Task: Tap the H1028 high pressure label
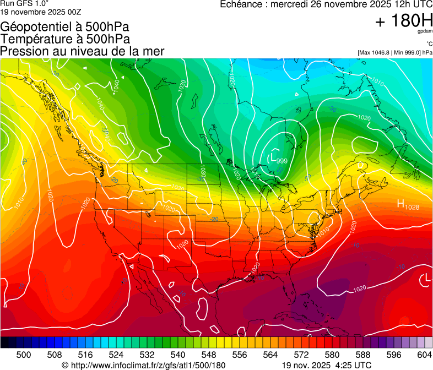point(408,205)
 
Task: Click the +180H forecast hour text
point(404,21)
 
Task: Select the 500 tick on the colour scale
point(24,355)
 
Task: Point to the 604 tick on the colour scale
point(424,355)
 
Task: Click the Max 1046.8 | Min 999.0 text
point(394,52)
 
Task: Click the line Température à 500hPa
point(65,39)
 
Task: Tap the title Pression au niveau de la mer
point(82,51)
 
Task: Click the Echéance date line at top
point(326,4)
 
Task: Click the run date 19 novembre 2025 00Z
point(41,10)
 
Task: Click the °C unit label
point(429,43)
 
